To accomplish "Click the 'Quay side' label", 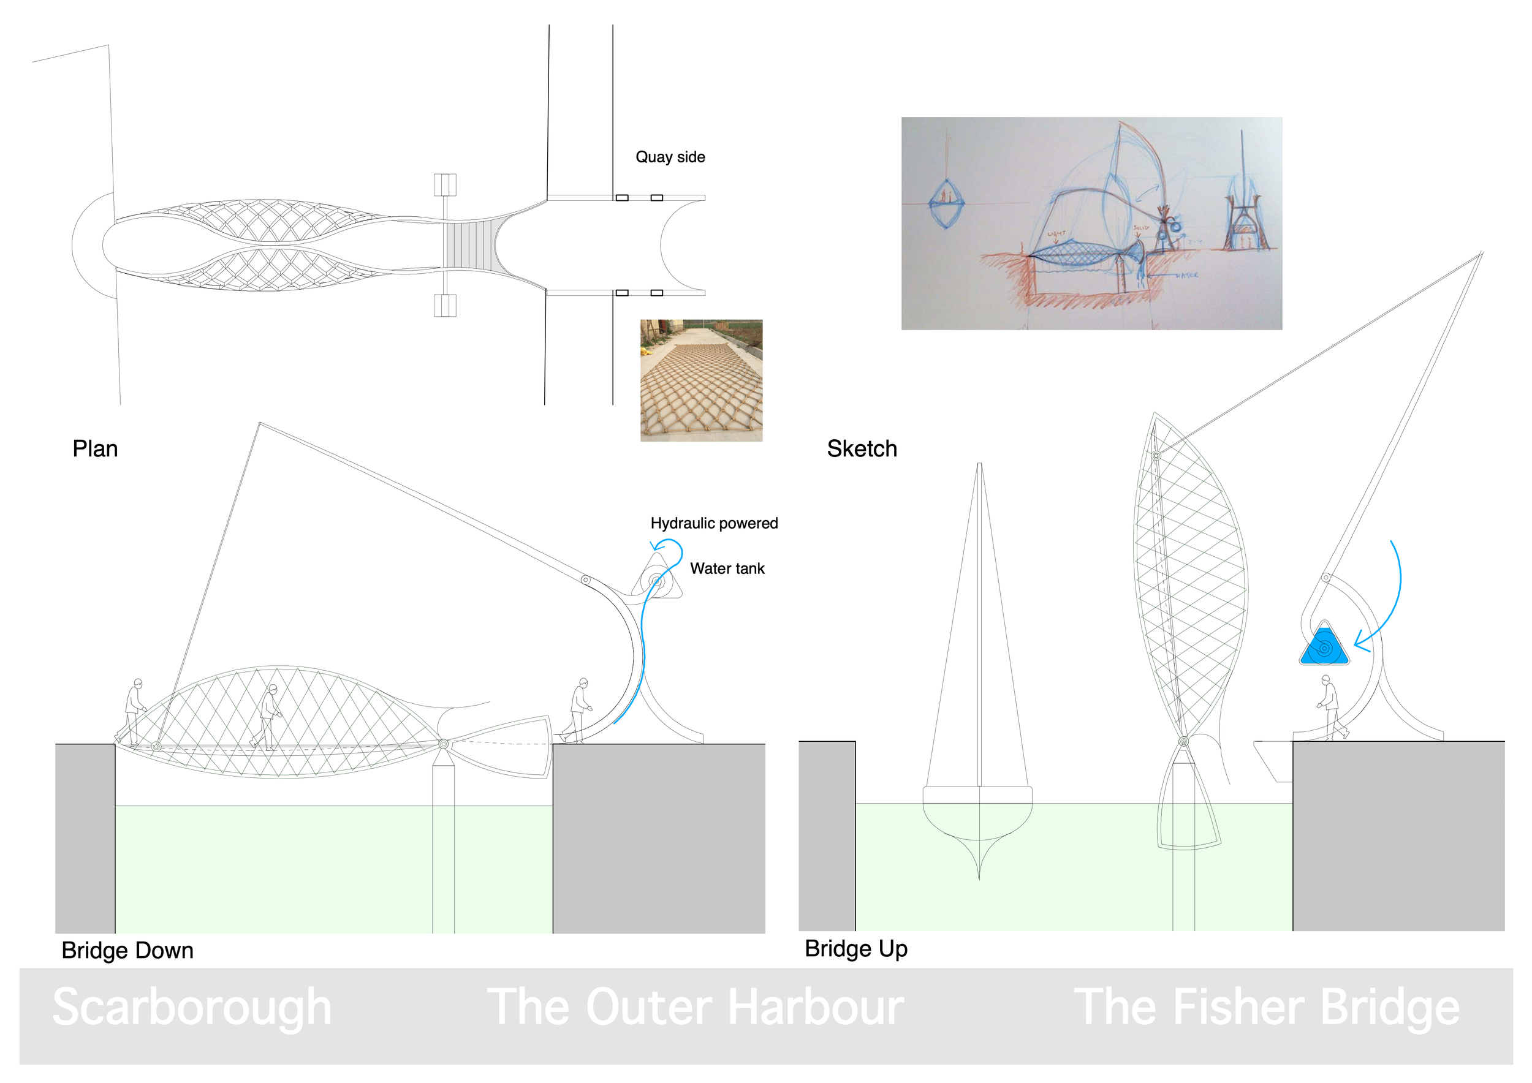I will (670, 157).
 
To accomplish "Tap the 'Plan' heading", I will (96, 449).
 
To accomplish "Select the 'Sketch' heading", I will (862, 449).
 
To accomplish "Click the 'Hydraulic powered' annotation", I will (714, 523).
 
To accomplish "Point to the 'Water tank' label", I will (727, 568).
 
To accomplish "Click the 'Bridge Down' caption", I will (127, 950).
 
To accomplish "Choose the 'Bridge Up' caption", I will (855, 948).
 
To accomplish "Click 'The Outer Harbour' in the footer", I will (696, 1007).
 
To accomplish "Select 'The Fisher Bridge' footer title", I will (1266, 1007).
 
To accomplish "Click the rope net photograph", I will (701, 380).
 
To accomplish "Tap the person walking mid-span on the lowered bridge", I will (268, 717).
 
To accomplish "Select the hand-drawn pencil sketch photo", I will (1091, 224).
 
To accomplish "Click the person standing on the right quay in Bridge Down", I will (578, 710).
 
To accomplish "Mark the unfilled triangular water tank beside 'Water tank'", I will (658, 579).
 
